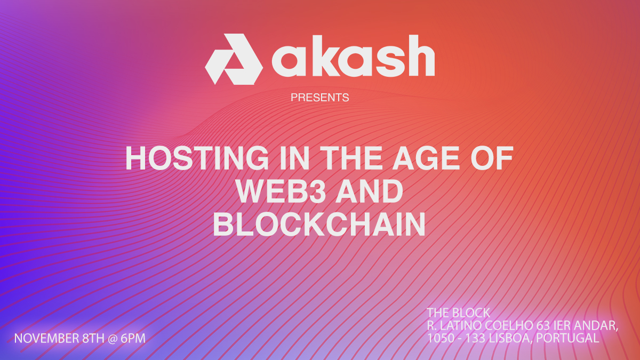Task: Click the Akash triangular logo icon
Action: (233, 59)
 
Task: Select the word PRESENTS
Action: (320, 98)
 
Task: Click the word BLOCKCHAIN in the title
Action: (319, 225)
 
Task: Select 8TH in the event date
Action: (94, 338)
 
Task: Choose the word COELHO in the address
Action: (511, 325)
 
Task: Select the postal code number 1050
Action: (439, 338)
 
